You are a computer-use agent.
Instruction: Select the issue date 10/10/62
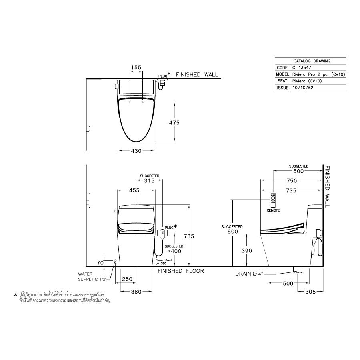click(x=303, y=87)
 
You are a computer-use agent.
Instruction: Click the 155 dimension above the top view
click(x=136, y=68)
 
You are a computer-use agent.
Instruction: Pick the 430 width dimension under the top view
click(x=136, y=151)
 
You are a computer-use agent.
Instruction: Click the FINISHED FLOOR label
click(x=180, y=271)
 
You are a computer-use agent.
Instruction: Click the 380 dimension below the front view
click(x=136, y=292)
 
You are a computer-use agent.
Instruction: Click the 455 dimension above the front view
click(x=134, y=190)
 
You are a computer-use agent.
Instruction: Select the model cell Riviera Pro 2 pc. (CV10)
click(x=318, y=74)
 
